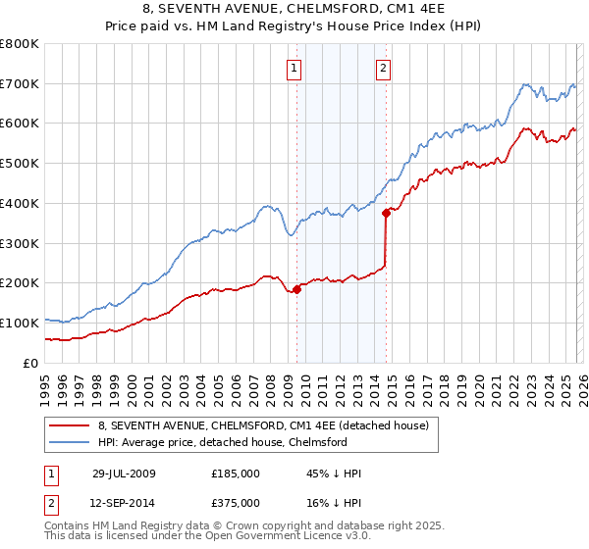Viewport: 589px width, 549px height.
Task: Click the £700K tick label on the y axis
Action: (20, 83)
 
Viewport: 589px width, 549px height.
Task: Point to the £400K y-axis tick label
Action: (20, 203)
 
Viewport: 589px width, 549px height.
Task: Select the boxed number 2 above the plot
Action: (383, 68)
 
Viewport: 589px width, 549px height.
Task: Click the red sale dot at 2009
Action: (296, 288)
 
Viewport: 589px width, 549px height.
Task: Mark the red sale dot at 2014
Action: (386, 213)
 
